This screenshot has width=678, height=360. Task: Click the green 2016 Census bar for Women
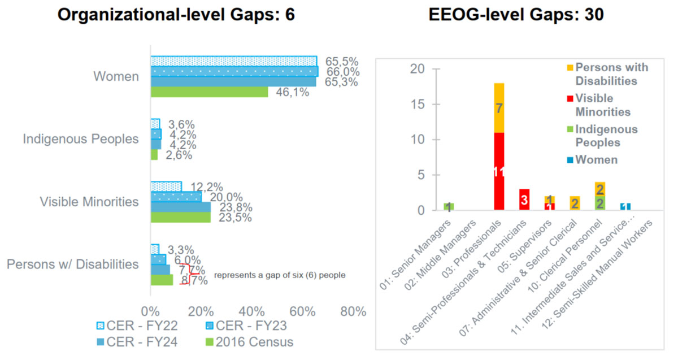(209, 92)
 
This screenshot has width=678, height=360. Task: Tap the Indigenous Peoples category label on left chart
(81, 139)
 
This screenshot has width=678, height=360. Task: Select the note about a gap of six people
(280, 276)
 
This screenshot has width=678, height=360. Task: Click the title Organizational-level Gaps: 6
(177, 15)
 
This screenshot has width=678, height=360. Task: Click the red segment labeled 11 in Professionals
(499, 171)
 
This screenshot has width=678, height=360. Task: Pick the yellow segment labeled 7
(499, 108)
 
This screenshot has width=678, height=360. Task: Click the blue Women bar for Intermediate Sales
(625, 207)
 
